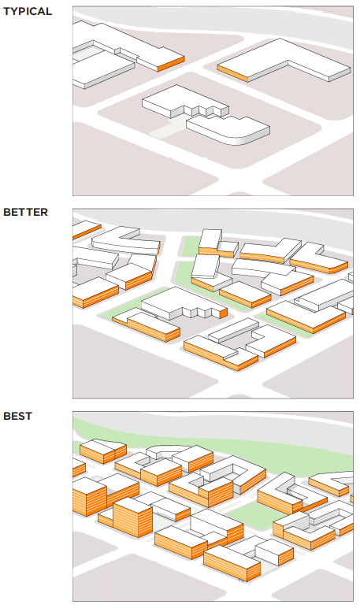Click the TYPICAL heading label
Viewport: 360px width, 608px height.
tap(28, 11)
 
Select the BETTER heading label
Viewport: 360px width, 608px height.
tap(26, 212)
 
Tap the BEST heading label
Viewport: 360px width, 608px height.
tap(17, 416)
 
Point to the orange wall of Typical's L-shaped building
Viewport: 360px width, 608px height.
tap(232, 73)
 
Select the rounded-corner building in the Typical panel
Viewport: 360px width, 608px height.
tap(229, 130)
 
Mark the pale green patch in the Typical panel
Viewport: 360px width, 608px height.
tap(167, 128)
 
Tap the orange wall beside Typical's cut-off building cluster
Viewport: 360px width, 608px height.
tap(171, 64)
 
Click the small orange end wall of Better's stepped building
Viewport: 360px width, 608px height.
tap(223, 313)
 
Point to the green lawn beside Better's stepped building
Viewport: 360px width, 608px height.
tap(121, 310)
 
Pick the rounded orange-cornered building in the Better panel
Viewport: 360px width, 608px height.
tap(319, 259)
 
